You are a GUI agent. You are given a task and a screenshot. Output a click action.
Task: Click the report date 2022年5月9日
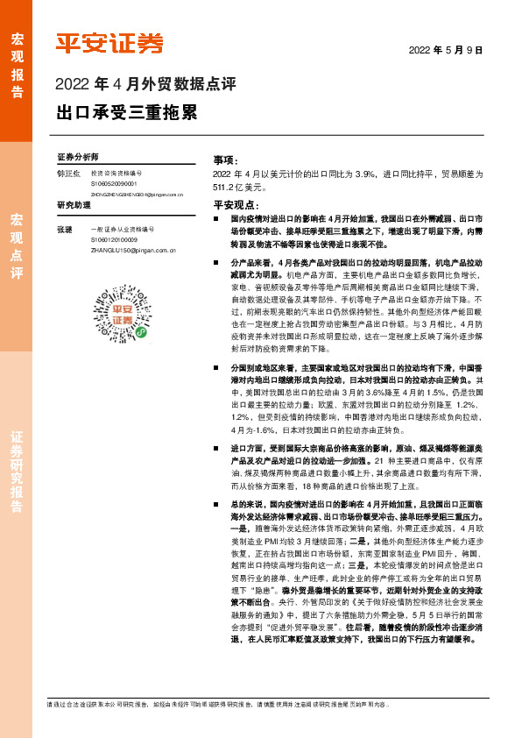(446, 51)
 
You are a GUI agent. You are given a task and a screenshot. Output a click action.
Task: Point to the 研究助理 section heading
(74, 206)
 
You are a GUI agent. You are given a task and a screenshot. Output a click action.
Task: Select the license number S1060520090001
(114, 185)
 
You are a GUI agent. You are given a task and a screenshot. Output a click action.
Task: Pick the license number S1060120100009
(114, 239)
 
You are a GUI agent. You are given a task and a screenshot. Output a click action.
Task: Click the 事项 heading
(225, 161)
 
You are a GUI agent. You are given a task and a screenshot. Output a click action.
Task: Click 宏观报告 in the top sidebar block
(17, 58)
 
